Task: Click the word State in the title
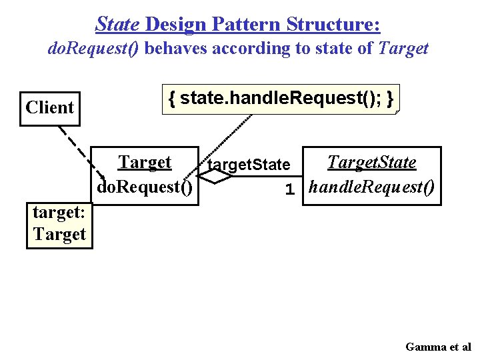pos(118,25)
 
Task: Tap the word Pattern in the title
pos(245,25)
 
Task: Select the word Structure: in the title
pos(333,25)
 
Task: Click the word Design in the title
pos(176,25)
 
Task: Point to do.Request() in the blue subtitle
pos(94,49)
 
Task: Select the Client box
pos(50,108)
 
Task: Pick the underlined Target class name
pos(145,162)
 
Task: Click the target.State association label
pos(249,165)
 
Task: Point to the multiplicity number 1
pos(289,190)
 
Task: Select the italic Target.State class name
pos(371,162)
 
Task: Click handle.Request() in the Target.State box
pos(372,187)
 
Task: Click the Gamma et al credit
pos(438,347)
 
